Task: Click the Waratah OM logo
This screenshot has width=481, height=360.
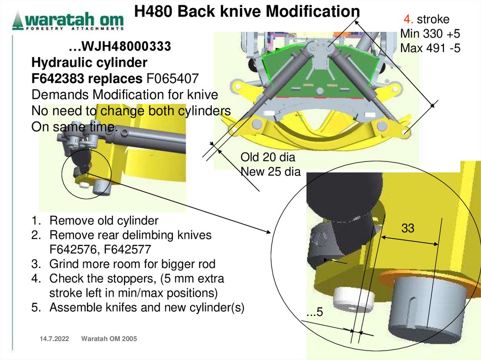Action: point(68,21)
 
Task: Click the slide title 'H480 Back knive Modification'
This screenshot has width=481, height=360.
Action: point(247,11)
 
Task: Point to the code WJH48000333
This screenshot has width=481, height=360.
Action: point(119,47)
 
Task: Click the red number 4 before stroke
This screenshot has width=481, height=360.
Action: point(408,20)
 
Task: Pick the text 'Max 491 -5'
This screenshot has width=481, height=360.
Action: point(430,48)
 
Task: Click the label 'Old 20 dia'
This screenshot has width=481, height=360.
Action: point(268,157)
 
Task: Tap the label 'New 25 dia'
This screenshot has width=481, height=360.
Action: point(270,171)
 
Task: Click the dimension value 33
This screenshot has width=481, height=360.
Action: point(408,229)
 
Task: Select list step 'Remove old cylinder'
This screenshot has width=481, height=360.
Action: point(104,221)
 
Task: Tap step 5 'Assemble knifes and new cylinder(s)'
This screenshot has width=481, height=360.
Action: point(147,308)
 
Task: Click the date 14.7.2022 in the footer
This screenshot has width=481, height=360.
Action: point(51,339)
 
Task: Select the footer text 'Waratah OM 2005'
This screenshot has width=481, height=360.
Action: point(109,339)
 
